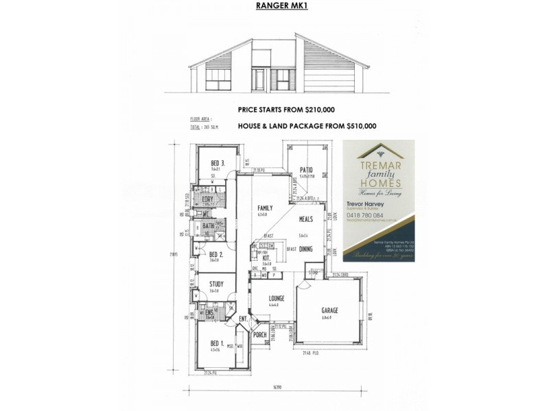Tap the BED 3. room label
[x=218, y=162]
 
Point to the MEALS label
[x=305, y=219]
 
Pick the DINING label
[x=305, y=249]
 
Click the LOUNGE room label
[x=277, y=299]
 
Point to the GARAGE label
[x=330, y=310]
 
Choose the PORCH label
[x=260, y=335]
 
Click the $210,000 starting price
[x=314, y=110]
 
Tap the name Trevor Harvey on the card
[x=368, y=203]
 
